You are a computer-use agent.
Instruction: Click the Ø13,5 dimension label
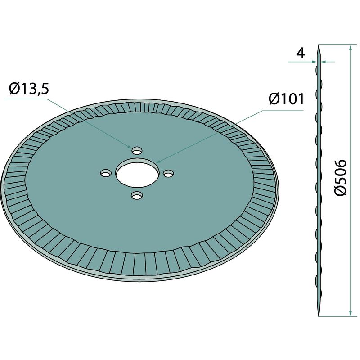click(x=29, y=89)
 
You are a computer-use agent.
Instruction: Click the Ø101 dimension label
click(x=287, y=99)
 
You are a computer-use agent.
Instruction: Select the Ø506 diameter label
click(x=340, y=178)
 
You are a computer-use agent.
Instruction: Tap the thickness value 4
click(x=301, y=54)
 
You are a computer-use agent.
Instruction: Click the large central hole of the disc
click(x=138, y=173)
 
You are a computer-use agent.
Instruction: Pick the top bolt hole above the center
click(x=137, y=151)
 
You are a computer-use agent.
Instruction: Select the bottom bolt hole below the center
click(x=137, y=196)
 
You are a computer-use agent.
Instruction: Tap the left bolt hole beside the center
click(x=106, y=173)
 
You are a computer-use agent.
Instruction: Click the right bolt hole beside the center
click(x=168, y=173)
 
